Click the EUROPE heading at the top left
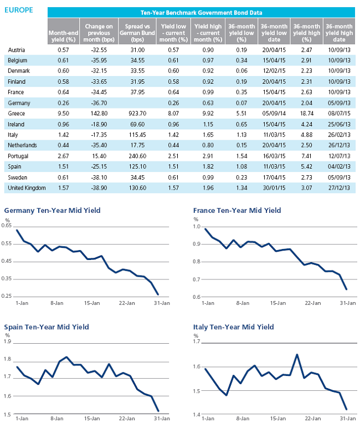pos(18,10)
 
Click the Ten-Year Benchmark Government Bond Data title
pos(201,13)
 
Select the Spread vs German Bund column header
pos(137,33)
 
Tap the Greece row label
pos(17,113)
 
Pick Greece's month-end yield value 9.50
pos(63,113)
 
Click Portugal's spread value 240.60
pos(137,156)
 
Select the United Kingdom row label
pos(27,188)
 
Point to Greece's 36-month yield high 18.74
pos(306,113)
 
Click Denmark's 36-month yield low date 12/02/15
pos(274,71)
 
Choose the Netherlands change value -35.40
pos(99,145)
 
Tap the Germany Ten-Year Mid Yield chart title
pos(53,211)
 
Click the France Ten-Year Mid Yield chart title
pos(237,211)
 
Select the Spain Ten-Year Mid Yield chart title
pos(47,327)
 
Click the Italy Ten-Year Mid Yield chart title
pos(234,327)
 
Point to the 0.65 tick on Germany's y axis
pos(7,226)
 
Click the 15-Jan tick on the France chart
pos(278,303)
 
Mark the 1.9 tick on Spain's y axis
pos(8,342)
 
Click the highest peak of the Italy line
pos(297,355)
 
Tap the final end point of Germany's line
pos(158,294)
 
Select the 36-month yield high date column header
pos(339,33)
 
